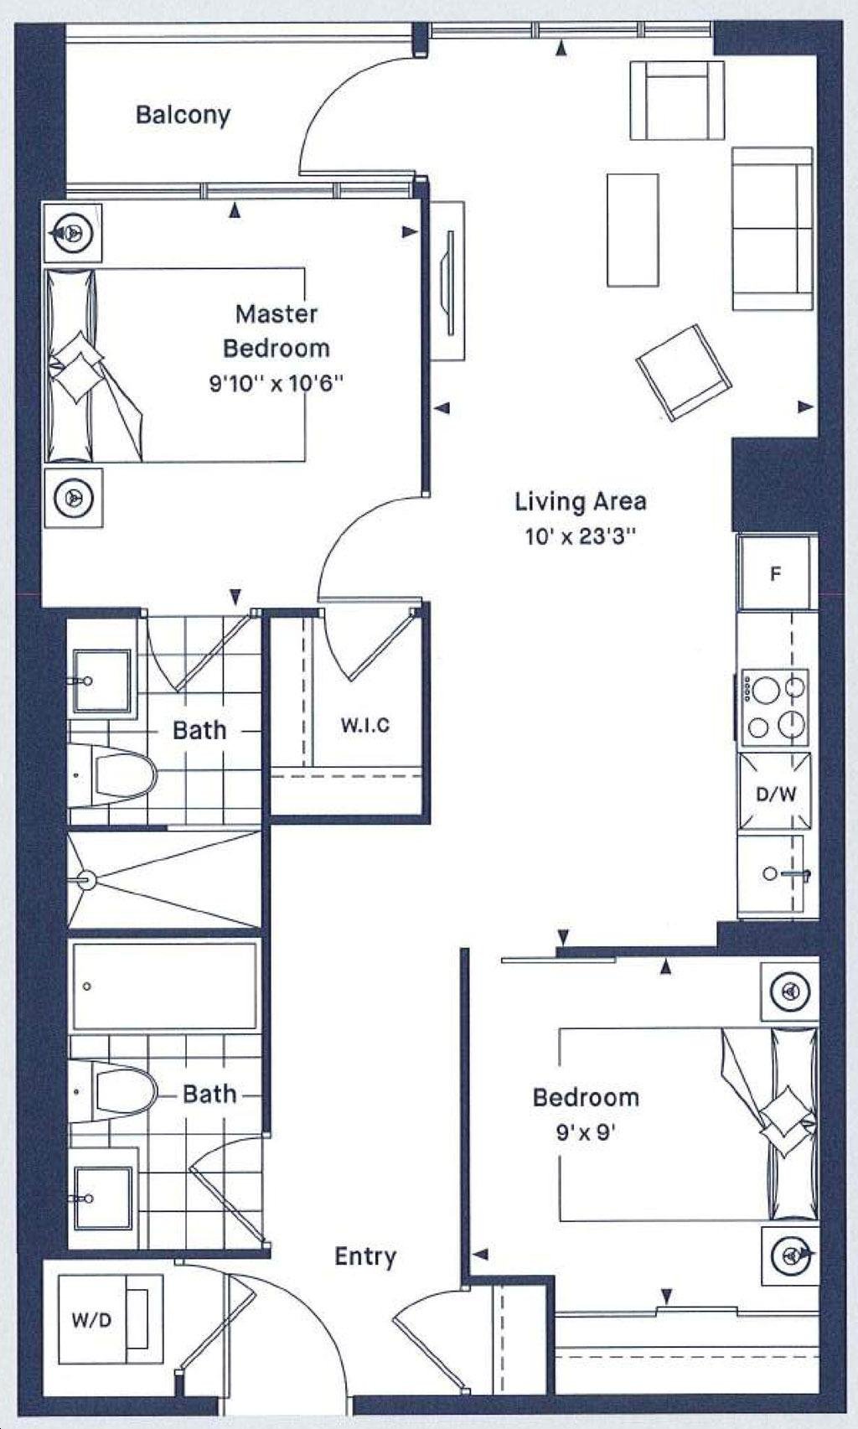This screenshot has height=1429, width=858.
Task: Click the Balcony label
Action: pos(183,116)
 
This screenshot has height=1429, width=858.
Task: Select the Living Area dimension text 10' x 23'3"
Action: pos(581,536)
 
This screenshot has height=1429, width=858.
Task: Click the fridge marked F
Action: pos(777,573)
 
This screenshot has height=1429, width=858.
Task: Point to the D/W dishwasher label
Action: pos(776,794)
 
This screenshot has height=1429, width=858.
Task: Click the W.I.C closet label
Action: pos(364,725)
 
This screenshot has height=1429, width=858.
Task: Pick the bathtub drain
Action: pos(87,986)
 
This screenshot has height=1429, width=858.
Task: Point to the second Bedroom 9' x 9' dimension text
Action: pos(585,1132)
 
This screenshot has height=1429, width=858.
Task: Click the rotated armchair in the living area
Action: pos(683,373)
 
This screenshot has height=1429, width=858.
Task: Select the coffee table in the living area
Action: pos(632,230)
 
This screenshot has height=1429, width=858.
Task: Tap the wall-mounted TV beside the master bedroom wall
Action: pos(451,282)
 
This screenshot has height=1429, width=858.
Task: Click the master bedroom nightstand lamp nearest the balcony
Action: pos(73,232)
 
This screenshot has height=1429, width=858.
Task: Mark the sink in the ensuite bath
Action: pos(101,682)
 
